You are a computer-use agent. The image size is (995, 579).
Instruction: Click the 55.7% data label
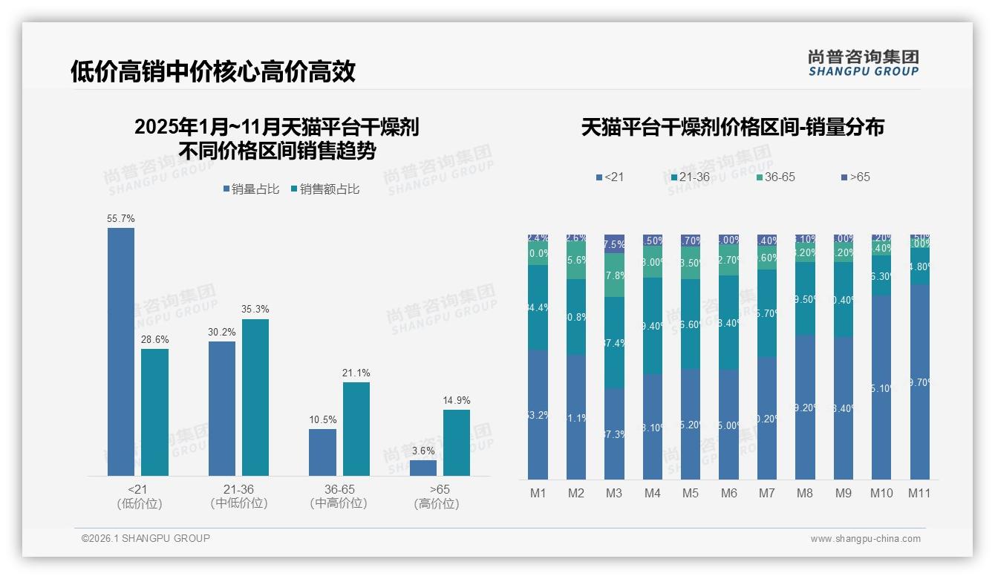click(x=121, y=219)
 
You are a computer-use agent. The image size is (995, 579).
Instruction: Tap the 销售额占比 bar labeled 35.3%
click(x=255, y=397)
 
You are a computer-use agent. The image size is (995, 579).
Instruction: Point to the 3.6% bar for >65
click(x=423, y=468)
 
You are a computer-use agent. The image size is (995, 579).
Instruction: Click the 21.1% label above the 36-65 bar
click(x=356, y=373)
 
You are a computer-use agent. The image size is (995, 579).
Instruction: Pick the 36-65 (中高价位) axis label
click(x=339, y=497)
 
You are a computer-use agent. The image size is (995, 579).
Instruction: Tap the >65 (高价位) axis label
click(x=440, y=497)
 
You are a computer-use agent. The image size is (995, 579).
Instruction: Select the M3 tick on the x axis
click(x=614, y=493)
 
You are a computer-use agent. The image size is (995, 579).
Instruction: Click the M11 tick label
click(x=919, y=493)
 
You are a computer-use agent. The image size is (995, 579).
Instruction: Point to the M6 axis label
click(x=728, y=493)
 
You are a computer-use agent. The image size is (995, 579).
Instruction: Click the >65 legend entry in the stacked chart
click(x=855, y=177)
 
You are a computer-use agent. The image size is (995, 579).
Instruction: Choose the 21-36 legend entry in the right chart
click(x=690, y=177)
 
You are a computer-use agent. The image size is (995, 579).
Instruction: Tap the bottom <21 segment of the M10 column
click(x=881, y=387)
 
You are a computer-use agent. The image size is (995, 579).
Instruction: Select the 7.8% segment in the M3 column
click(x=614, y=275)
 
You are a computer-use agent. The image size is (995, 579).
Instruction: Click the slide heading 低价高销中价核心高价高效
click(x=213, y=71)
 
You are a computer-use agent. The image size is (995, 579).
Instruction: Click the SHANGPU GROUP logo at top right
click(x=863, y=63)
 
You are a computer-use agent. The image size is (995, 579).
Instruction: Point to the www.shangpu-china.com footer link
click(x=865, y=539)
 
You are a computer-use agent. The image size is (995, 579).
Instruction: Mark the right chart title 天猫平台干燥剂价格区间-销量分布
click(x=732, y=128)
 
